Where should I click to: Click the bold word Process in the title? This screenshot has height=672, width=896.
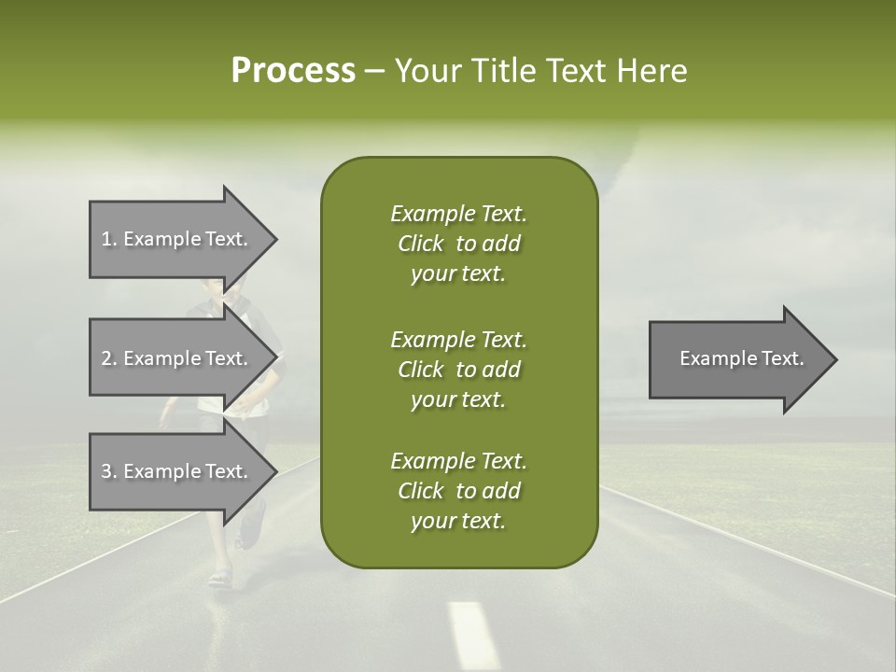point(293,71)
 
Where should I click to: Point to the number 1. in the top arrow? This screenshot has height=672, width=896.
point(108,239)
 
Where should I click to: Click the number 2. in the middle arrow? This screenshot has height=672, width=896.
point(108,358)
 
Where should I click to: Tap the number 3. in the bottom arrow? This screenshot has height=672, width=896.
point(108,471)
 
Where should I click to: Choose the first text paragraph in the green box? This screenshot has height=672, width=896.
point(458,244)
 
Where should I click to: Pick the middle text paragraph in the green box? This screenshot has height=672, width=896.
point(458,369)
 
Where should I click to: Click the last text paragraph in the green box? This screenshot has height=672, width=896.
point(458,491)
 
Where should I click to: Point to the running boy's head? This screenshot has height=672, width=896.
point(215,289)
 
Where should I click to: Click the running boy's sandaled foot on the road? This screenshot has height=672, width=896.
point(219,577)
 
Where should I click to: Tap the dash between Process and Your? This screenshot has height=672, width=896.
point(374,71)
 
